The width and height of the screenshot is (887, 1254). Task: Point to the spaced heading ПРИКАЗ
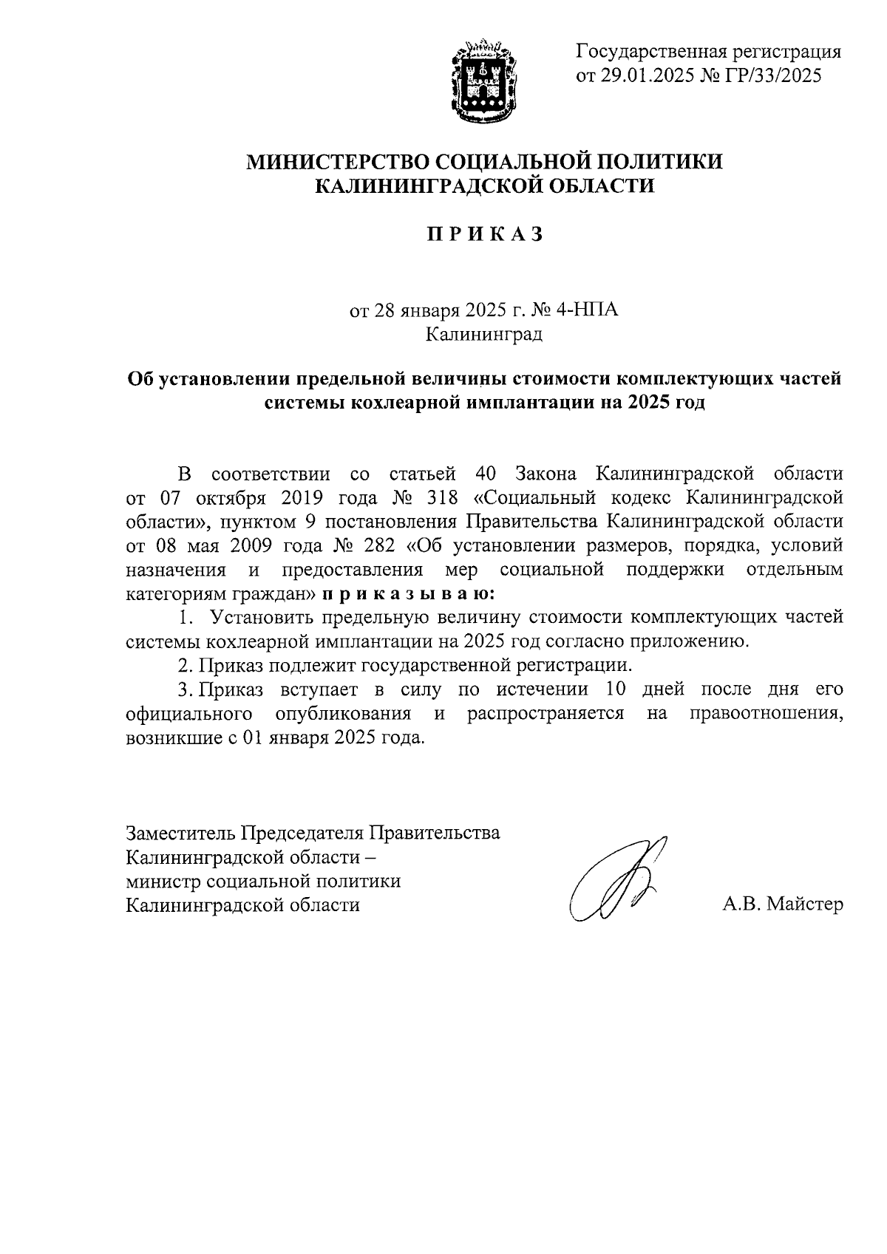[484, 234]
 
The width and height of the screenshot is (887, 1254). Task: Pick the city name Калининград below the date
[484, 334]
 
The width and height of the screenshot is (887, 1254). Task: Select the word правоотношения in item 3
[766, 714]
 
